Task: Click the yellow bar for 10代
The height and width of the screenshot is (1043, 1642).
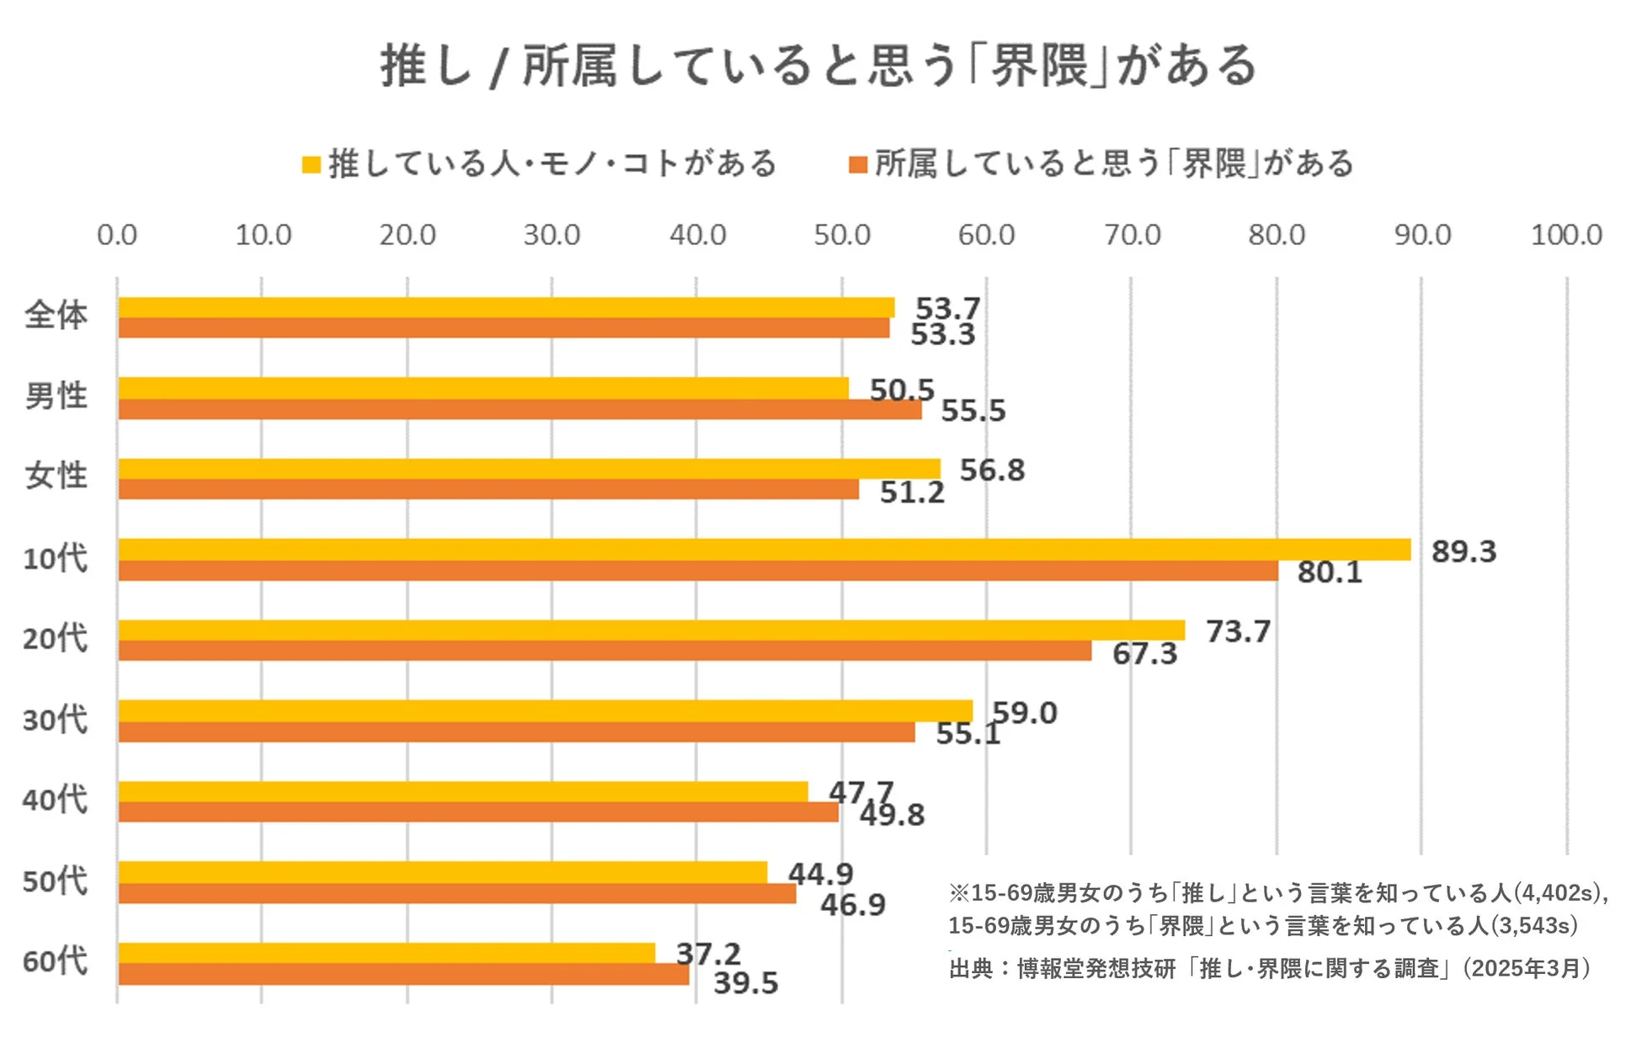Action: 764,550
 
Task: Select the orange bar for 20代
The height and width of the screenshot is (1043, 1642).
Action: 605,651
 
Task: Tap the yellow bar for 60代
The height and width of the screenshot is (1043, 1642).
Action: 387,953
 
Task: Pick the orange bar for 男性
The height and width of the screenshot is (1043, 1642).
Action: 520,410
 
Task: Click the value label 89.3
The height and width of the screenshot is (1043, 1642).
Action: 1463,551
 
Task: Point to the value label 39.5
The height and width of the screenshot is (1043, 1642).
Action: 745,982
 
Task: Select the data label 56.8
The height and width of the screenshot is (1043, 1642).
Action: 992,470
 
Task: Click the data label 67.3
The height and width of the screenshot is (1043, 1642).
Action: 1144,653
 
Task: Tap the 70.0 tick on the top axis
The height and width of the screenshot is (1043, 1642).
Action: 1132,235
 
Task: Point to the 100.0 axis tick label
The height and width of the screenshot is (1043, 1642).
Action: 1565,235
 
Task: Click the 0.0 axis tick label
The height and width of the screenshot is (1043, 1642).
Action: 117,235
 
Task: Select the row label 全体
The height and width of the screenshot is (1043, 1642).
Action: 56,316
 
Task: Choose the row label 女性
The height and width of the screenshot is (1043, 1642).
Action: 56,476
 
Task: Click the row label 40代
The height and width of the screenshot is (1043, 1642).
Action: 55,800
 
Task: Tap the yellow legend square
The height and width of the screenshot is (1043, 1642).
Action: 312,164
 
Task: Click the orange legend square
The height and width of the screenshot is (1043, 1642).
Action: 858,164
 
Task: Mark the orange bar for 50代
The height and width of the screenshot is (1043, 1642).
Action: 456,893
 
